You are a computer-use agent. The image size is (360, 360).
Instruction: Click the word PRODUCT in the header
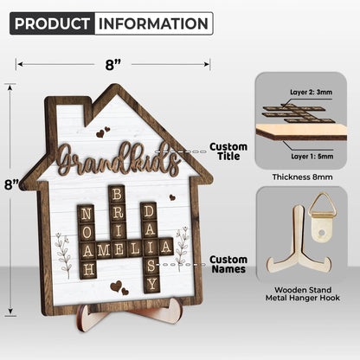point(52,23)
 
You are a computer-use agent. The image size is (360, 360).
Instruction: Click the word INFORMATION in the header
point(153,23)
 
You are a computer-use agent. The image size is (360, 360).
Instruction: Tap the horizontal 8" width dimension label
point(112,64)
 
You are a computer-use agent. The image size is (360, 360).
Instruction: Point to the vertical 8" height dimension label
point(11,184)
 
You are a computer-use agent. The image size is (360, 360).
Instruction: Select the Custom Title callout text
point(228,151)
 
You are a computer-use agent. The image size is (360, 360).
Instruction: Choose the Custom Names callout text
point(228,264)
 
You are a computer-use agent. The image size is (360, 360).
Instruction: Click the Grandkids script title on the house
point(119,160)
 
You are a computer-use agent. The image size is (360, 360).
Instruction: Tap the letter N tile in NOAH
point(86,214)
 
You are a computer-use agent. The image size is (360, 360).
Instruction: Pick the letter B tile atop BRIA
point(117,194)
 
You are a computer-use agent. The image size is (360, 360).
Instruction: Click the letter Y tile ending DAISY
point(151,284)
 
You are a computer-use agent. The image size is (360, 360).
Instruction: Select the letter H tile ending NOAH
point(87,270)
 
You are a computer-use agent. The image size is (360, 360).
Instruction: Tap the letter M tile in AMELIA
point(103,250)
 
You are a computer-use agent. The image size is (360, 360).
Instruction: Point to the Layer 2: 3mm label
point(311,93)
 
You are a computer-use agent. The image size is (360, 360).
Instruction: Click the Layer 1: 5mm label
point(312,157)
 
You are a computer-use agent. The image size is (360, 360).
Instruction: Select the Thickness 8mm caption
point(303,177)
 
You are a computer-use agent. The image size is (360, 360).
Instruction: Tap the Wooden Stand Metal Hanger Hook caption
point(303,293)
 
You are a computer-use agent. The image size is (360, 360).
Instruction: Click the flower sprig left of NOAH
point(63,254)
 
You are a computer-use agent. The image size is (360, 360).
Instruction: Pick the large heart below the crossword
point(116,286)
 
